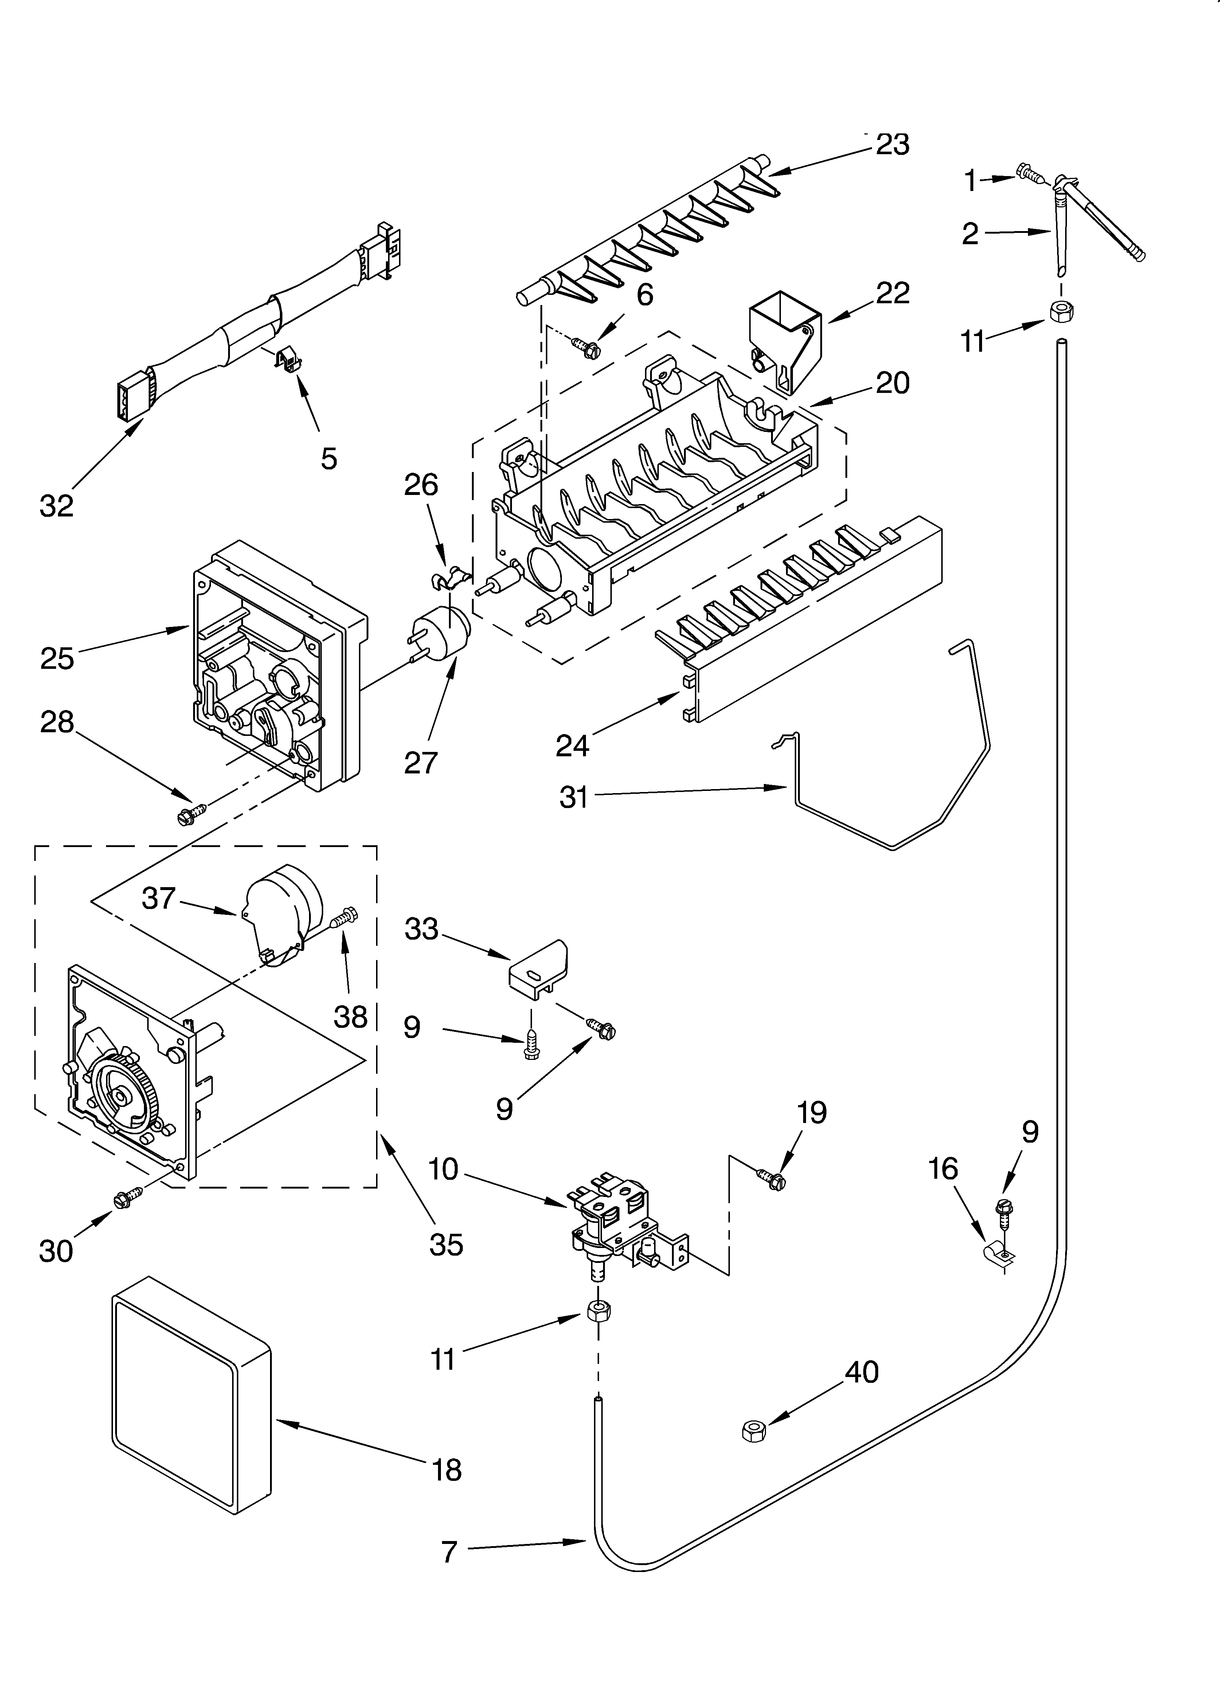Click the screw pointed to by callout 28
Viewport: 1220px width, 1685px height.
click(189, 814)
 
